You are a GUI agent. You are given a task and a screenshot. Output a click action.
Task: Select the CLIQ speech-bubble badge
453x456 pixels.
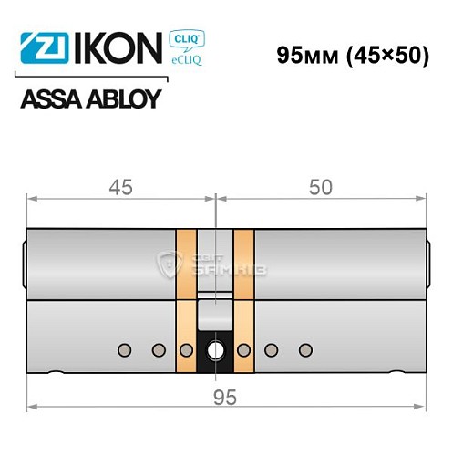pos(187,39)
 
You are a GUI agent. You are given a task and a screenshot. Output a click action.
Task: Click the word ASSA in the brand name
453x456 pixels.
pos(50,99)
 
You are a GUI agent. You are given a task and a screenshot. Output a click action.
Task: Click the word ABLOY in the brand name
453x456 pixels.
pos(121,99)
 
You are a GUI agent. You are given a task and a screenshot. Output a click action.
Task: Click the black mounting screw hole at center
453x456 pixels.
pos(216,349)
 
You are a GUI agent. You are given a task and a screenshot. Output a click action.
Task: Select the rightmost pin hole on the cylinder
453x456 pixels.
pos(305,349)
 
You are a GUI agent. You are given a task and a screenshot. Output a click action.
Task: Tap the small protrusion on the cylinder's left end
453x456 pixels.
pos(24,255)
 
